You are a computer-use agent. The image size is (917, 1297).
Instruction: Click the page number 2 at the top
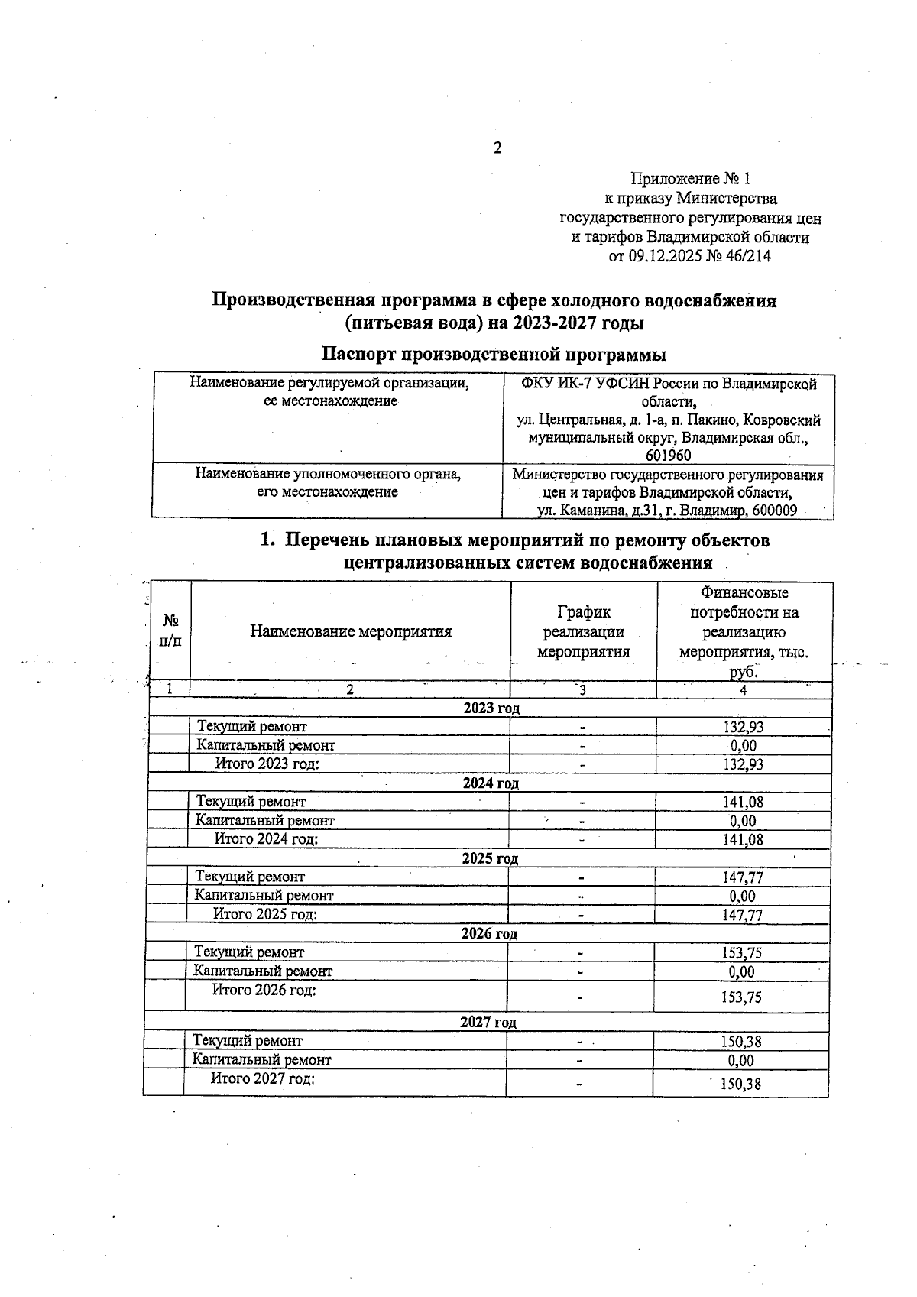click(497, 148)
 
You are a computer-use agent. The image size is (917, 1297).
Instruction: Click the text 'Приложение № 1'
click(690, 179)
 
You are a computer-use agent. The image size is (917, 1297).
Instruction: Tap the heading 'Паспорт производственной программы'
click(493, 355)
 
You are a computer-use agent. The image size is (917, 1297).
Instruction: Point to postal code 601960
click(668, 456)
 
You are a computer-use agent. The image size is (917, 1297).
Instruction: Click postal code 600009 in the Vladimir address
click(774, 511)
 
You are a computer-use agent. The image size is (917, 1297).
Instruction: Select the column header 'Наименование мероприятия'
click(351, 632)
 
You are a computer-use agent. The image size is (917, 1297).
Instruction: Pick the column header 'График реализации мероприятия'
click(583, 632)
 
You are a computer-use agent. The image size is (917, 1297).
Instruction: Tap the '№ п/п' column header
click(170, 632)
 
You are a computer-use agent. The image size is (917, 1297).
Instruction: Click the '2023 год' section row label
click(491, 708)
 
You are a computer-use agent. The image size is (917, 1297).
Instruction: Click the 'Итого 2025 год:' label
click(264, 914)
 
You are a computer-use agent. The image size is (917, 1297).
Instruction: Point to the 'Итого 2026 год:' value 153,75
click(741, 997)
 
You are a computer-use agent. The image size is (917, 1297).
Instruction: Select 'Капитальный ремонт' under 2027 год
click(261, 1060)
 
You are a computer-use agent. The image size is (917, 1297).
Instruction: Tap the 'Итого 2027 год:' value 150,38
click(740, 1084)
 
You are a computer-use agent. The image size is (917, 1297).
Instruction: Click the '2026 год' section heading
click(489, 934)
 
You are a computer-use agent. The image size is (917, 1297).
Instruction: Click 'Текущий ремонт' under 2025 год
click(250, 877)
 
